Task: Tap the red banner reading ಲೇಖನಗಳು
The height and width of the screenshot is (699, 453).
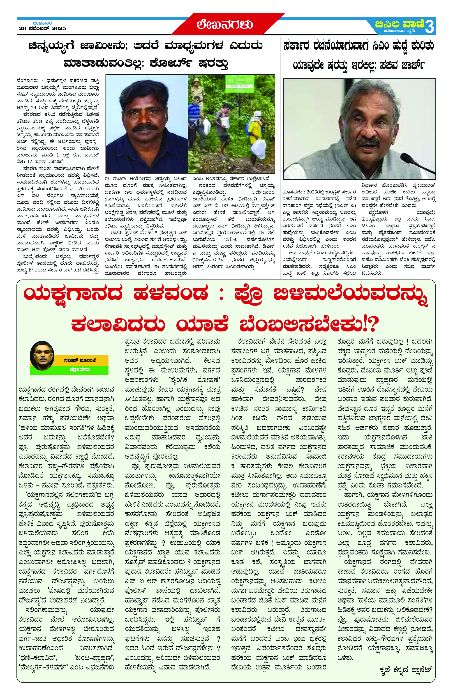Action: tap(225, 25)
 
